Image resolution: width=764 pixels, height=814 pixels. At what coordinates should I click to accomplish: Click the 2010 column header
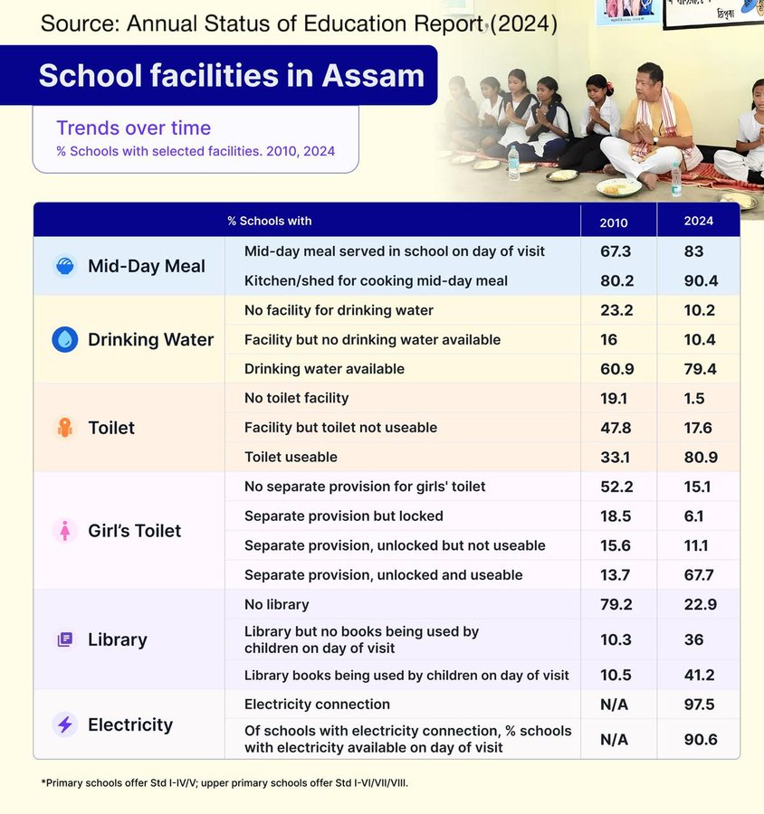[x=613, y=222]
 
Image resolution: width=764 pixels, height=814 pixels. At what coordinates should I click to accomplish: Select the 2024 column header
[x=699, y=222]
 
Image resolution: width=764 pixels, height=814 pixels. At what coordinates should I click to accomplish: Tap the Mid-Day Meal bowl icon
[x=64, y=266]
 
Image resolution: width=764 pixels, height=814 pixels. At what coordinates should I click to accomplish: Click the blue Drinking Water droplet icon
[x=64, y=339]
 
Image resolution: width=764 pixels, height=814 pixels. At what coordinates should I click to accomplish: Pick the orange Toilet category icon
[x=64, y=428]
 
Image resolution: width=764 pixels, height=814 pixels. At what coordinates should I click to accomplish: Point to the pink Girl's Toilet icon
[x=64, y=531]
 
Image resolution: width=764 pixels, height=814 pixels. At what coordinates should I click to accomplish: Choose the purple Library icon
[x=64, y=639]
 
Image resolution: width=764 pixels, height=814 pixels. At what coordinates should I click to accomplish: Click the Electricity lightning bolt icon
[x=64, y=724]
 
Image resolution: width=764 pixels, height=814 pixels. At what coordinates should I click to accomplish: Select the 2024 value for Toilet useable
[x=701, y=457]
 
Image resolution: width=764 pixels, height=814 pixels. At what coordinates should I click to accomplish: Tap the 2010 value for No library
[x=616, y=604]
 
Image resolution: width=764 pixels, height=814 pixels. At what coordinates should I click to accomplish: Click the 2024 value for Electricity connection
[x=701, y=705]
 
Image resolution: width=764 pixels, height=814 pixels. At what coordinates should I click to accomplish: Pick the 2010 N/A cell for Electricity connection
[x=616, y=705]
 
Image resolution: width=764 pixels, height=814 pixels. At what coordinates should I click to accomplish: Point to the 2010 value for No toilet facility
[x=615, y=398]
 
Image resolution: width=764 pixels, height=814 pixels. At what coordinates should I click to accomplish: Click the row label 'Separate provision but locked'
[x=344, y=516]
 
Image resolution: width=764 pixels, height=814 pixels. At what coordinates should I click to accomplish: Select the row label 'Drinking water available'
[x=324, y=369]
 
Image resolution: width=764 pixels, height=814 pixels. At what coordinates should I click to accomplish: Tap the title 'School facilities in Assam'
[x=231, y=75]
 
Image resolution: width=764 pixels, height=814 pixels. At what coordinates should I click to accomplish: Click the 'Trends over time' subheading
[x=133, y=128]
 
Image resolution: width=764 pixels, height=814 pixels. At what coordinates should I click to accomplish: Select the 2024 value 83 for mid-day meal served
[x=695, y=251]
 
